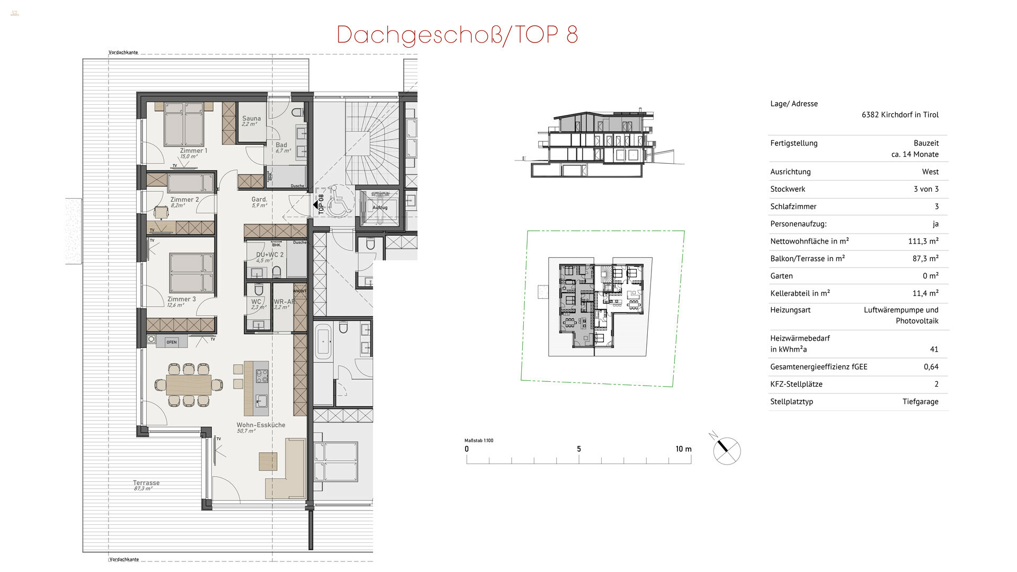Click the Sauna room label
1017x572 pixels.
251,119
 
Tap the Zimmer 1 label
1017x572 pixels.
193,151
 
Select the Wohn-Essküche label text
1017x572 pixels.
261,425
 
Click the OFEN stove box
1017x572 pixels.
172,342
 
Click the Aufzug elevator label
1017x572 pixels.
379,208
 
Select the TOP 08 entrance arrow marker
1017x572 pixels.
319,204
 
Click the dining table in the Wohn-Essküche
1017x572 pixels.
188,385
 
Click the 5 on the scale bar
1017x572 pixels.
578,449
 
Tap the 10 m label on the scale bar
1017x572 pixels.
683,449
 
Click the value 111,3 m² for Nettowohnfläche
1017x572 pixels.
923,241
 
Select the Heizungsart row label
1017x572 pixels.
790,310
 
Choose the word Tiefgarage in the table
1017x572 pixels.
920,401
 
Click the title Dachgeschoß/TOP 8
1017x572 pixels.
457,35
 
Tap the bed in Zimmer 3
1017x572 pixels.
192,273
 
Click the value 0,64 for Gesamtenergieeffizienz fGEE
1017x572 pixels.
931,367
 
